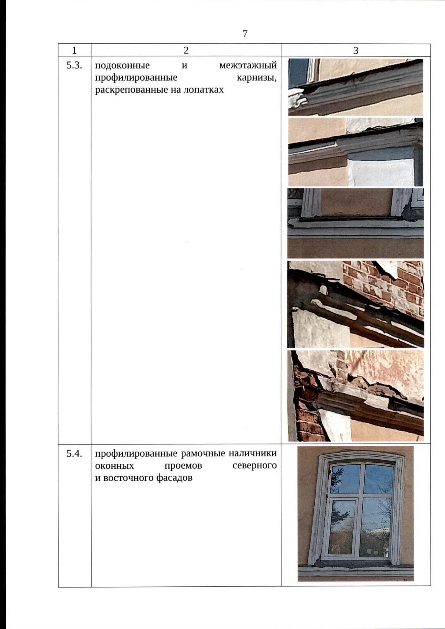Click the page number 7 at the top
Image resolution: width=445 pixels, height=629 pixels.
[x=245, y=34]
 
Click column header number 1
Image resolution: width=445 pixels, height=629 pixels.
[x=74, y=50]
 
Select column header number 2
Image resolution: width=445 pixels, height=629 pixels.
[x=186, y=50]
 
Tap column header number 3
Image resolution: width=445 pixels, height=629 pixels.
[x=356, y=50]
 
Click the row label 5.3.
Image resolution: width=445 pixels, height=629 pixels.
[x=74, y=66]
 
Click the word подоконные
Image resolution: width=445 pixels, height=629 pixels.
[x=122, y=66]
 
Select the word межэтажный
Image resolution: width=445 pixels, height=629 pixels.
[x=248, y=66]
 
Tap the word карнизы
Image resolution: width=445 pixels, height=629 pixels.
[x=256, y=78]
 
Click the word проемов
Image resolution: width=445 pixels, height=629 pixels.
[x=183, y=466]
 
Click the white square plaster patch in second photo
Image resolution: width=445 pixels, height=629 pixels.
[x=381, y=172]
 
